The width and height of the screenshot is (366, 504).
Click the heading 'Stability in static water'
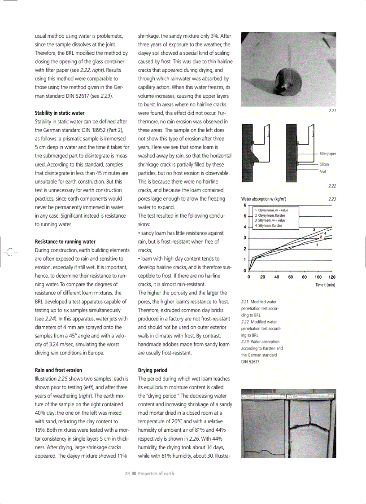click(x=59, y=113)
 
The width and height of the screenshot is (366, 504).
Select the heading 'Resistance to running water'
click(x=65, y=241)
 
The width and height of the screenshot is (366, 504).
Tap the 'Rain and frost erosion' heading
click(x=58, y=370)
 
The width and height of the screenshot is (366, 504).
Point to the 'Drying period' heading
click(x=152, y=370)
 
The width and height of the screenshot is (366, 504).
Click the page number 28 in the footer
click(x=127, y=473)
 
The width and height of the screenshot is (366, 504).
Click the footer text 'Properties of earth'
click(x=156, y=473)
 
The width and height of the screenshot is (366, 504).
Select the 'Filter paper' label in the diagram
click(x=327, y=154)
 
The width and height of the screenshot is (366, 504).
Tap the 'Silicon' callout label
click(x=324, y=164)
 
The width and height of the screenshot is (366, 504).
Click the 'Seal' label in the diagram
click(x=322, y=171)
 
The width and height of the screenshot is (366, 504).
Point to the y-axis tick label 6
click(x=245, y=205)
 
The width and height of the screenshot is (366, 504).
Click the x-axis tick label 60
click(x=291, y=277)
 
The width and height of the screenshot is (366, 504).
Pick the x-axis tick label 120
click(x=332, y=277)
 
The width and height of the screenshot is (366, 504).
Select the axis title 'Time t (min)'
click(x=325, y=285)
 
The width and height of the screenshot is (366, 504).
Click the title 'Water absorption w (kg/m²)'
click(x=264, y=198)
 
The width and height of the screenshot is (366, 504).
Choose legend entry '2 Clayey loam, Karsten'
click(x=270, y=215)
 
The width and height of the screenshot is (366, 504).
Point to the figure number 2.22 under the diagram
click(x=332, y=186)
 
